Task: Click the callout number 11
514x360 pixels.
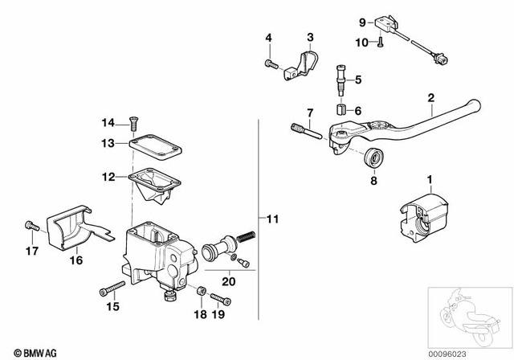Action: (273, 219)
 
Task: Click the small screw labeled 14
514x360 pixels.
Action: (134, 122)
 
